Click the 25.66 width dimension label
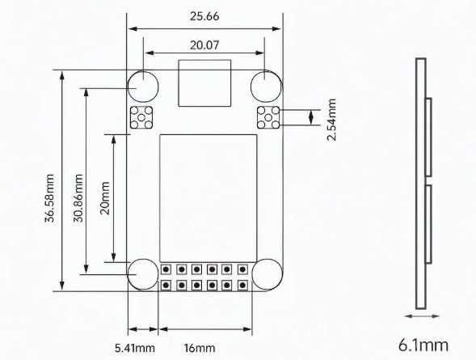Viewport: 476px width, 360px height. click(x=204, y=15)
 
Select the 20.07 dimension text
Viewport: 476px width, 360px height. click(x=204, y=45)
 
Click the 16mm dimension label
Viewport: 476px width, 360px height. click(x=200, y=348)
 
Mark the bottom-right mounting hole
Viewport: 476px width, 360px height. click(x=265, y=273)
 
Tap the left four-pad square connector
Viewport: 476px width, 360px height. click(x=142, y=117)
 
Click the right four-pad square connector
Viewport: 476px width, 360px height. click(x=267, y=117)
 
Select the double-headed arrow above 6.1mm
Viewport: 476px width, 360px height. click(x=421, y=316)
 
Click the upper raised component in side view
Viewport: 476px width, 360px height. click(x=428, y=137)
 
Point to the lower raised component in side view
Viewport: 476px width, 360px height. click(x=428, y=225)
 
